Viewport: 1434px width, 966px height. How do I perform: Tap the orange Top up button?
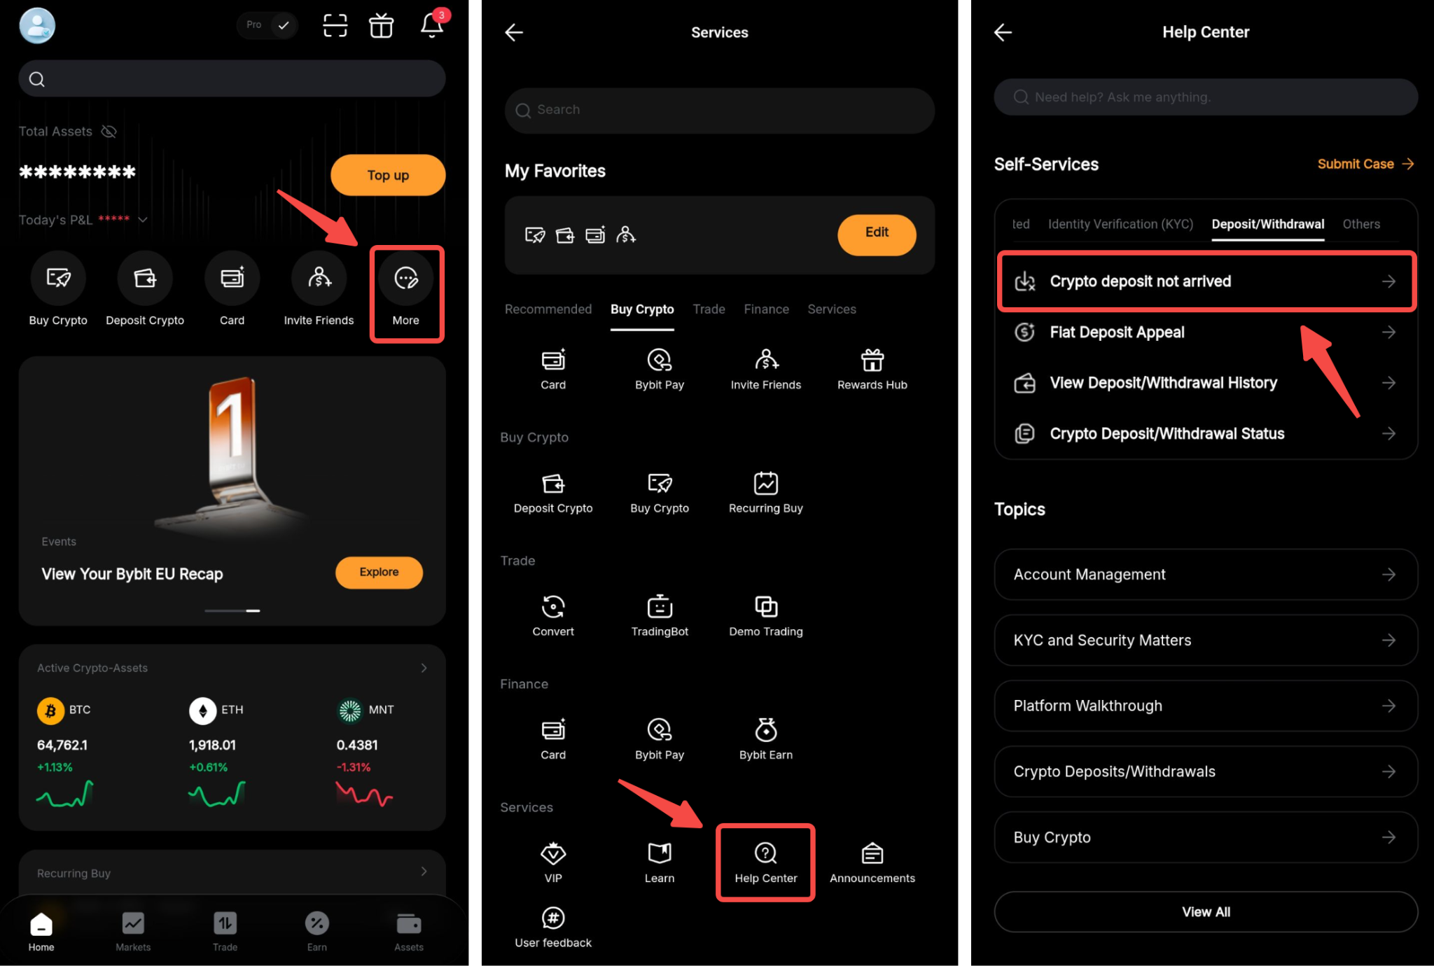pos(388,175)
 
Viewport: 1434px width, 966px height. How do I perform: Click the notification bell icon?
pos(432,26)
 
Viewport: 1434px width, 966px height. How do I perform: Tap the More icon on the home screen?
pos(406,278)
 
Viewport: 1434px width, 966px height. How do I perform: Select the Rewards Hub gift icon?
pos(872,360)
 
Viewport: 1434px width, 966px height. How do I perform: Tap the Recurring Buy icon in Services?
pos(766,483)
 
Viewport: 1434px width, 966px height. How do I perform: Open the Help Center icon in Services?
pos(766,853)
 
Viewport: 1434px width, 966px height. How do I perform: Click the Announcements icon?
pos(872,853)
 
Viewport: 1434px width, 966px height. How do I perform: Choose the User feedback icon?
pos(553,917)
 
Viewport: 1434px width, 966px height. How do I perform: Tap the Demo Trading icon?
pos(766,606)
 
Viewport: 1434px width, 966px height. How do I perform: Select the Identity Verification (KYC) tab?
pos(1120,224)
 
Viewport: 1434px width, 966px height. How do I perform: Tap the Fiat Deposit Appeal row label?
pos(1117,332)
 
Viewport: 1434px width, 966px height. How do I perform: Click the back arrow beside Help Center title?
pos(1003,32)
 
